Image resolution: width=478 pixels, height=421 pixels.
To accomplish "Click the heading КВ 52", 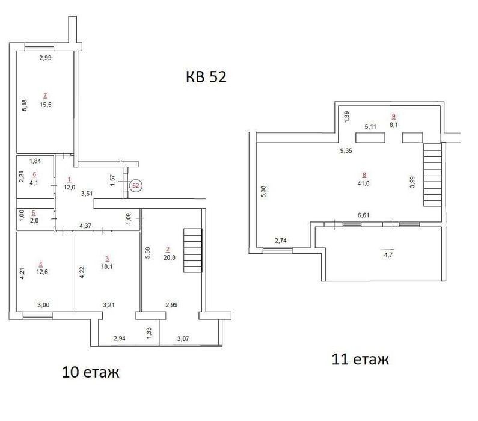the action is click(206, 77).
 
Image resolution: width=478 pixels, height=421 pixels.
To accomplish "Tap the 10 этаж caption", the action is click(90, 372).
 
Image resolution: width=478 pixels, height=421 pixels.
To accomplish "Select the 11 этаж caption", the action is click(360, 359).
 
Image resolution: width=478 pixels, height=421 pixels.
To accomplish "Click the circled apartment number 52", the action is click(136, 185).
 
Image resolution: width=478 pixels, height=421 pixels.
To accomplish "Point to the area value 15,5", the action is click(46, 105).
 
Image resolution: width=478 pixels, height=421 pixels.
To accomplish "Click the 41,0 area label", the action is click(363, 183).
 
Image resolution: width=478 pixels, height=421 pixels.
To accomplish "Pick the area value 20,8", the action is click(169, 257).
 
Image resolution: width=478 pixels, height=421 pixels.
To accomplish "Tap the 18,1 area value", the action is click(107, 266).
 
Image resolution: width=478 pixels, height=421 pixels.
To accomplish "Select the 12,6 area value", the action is click(42, 272).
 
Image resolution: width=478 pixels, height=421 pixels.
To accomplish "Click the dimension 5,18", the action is click(25, 105).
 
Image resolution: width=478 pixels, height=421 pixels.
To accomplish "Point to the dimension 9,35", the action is click(346, 150).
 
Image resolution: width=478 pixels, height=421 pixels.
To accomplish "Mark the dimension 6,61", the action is click(363, 215).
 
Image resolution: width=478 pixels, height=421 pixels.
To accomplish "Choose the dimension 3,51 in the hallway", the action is click(87, 194).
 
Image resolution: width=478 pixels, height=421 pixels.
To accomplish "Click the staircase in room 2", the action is click(192, 250).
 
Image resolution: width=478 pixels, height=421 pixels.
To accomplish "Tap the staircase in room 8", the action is click(432, 175).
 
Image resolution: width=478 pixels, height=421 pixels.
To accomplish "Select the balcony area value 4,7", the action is click(388, 255).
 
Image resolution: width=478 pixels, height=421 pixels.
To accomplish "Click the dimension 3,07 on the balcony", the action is click(183, 339).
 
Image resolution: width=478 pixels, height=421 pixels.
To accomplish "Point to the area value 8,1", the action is click(394, 124).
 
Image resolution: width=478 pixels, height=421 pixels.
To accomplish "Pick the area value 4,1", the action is click(34, 183).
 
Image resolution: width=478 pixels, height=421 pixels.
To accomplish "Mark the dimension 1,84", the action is click(35, 161).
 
